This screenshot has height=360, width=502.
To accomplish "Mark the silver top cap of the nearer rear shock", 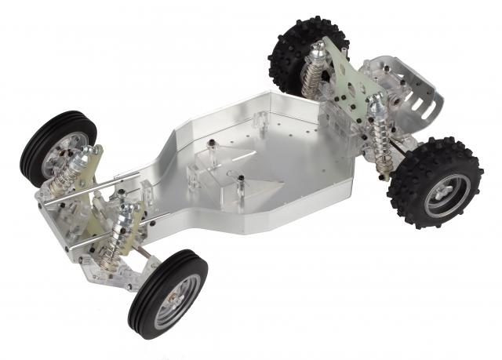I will [x=377, y=100].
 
